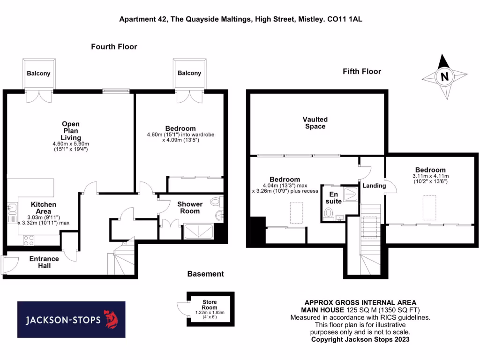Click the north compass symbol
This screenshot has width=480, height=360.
[x=444, y=76]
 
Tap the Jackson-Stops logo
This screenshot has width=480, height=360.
[x=71, y=320]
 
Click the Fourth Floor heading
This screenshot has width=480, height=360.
[x=114, y=46]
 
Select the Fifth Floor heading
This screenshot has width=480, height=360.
[x=361, y=71]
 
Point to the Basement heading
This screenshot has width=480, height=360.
[x=205, y=274]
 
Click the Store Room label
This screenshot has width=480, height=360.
[x=210, y=305]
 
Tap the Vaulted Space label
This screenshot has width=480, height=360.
[x=315, y=123]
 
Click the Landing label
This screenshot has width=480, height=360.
[x=374, y=186]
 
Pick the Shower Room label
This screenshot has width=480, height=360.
[x=189, y=207]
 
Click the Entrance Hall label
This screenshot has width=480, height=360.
[x=44, y=262]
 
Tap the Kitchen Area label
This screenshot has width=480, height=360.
[x=44, y=208]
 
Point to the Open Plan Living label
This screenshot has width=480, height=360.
[x=71, y=131]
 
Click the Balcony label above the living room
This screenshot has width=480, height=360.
[x=38, y=74]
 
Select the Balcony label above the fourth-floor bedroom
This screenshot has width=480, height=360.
[x=189, y=73]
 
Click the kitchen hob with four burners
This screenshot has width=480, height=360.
[x=28, y=240]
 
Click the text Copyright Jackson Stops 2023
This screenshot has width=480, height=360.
[x=360, y=339]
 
